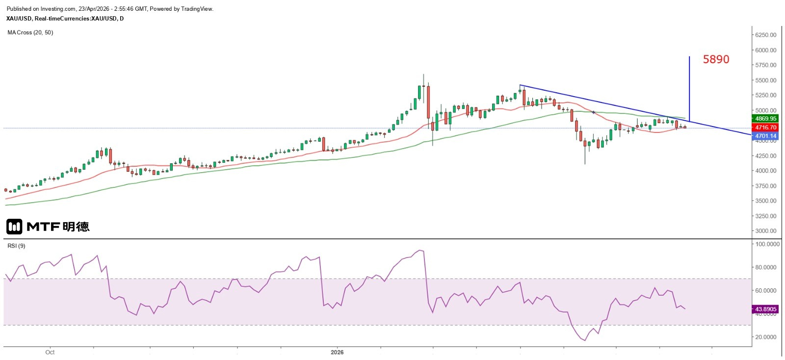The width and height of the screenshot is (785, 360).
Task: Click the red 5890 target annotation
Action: (716, 59)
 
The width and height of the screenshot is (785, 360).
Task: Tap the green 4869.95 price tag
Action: (765, 119)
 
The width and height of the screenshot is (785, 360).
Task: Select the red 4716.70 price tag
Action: (765, 128)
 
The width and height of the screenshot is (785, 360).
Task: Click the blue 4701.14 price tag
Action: (765, 136)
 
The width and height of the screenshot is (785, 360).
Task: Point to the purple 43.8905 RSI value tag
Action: (765, 309)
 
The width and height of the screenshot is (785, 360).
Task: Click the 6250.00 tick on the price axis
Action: (765, 35)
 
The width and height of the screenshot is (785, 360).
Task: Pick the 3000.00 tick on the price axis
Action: (765, 231)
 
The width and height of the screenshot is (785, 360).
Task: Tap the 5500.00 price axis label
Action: (765, 80)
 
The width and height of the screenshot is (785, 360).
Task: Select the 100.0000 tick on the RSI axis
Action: (767, 244)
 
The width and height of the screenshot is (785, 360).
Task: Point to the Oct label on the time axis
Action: (50, 352)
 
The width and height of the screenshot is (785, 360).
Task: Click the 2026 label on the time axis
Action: (337, 352)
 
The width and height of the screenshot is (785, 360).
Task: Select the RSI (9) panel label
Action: (16, 246)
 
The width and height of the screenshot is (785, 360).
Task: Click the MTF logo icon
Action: (14, 227)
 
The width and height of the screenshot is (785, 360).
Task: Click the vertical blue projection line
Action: (689, 88)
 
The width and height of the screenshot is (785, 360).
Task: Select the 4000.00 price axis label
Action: (765, 171)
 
